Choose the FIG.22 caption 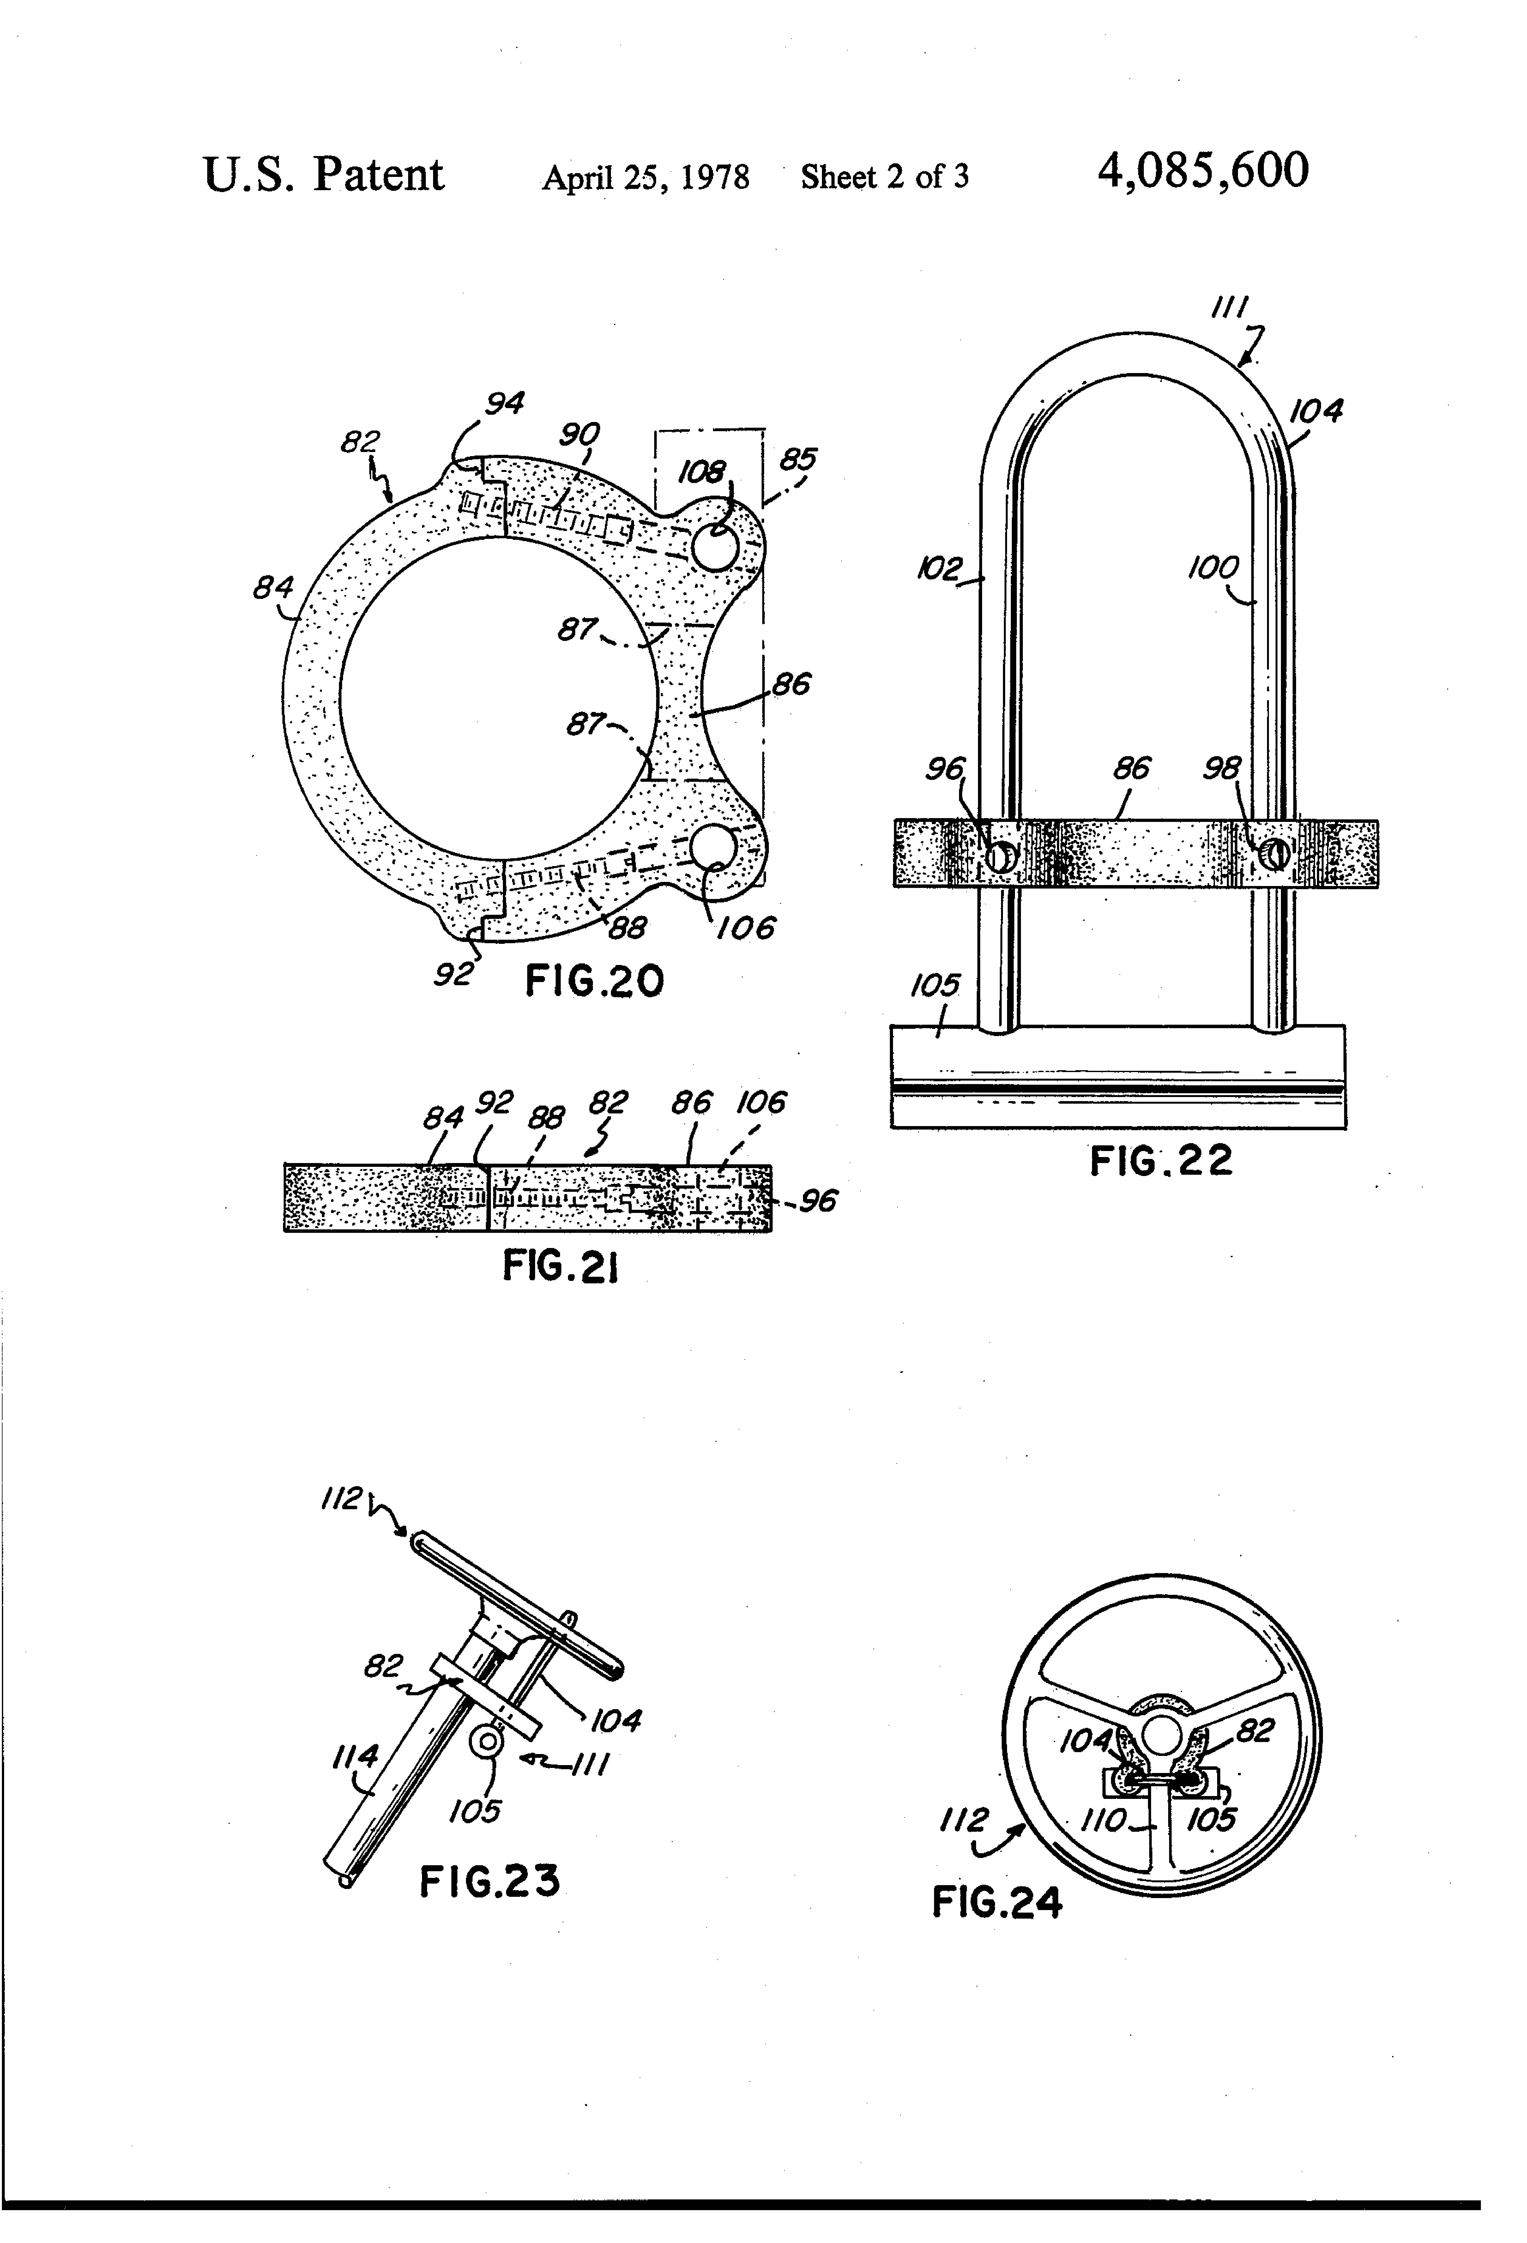[x=1161, y=1160]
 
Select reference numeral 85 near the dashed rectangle [x=798, y=458]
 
